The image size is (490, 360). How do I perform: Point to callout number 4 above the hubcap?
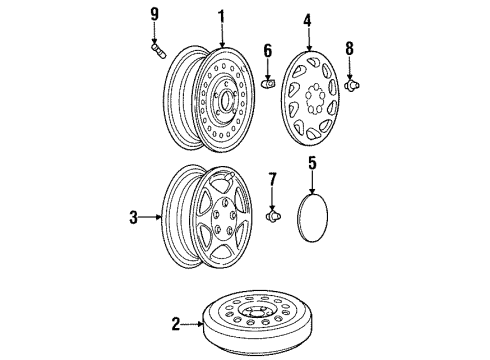tap(307, 17)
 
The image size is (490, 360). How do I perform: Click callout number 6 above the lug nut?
tap(267, 50)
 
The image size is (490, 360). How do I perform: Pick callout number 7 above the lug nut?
tap(271, 179)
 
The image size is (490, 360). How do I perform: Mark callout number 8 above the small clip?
tap(349, 47)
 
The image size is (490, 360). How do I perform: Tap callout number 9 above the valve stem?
tap(154, 14)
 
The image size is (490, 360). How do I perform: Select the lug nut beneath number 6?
tap(268, 82)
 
